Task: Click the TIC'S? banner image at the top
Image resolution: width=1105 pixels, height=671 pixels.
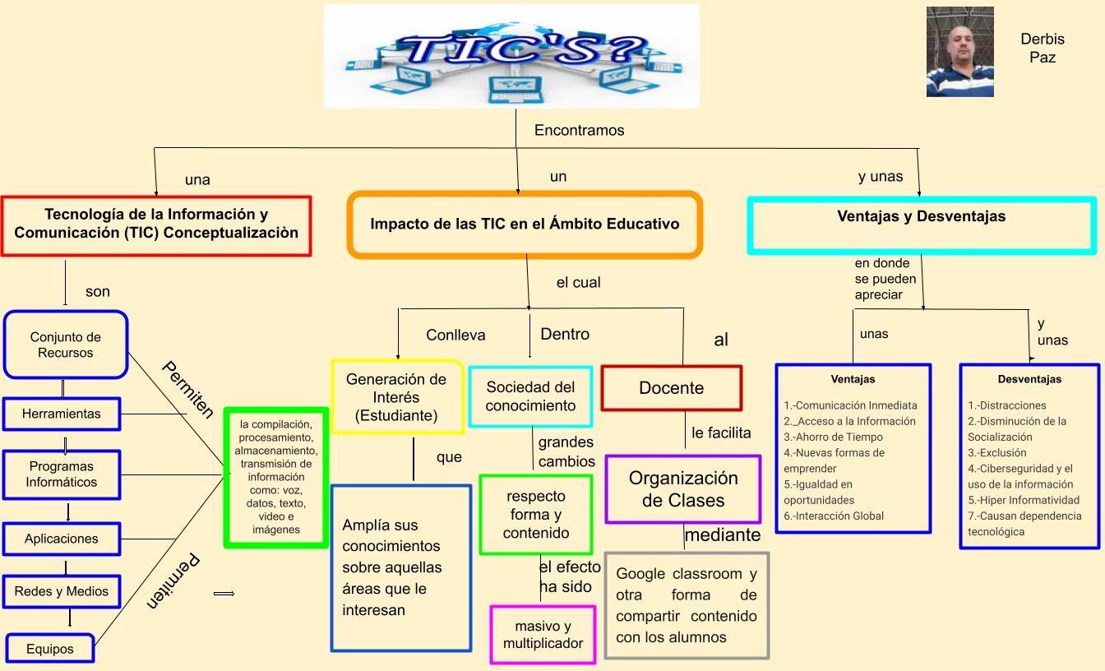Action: click(x=511, y=56)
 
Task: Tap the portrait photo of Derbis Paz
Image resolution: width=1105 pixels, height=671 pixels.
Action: click(x=959, y=52)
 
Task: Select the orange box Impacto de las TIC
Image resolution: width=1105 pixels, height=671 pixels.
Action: click(x=525, y=224)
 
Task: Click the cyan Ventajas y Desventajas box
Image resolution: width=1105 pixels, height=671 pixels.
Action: click(x=922, y=224)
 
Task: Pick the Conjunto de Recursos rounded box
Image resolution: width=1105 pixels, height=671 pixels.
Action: click(x=66, y=345)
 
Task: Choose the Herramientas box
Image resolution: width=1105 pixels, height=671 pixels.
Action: click(x=62, y=414)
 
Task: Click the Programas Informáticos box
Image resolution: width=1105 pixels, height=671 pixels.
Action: click(x=62, y=474)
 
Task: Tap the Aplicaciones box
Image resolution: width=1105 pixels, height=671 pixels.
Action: click(x=62, y=539)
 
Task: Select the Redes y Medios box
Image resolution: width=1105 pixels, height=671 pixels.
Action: click(x=62, y=591)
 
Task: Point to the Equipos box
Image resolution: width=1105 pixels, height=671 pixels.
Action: click(x=50, y=649)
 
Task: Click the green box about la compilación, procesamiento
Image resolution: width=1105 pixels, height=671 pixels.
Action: click(x=276, y=477)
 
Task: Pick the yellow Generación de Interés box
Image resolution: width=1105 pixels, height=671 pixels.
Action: click(x=397, y=397)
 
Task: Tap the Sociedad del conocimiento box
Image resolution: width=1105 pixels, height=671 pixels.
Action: click(x=530, y=396)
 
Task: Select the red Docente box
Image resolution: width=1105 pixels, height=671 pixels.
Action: click(x=672, y=388)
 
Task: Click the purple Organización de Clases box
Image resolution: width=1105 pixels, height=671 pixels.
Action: click(x=683, y=489)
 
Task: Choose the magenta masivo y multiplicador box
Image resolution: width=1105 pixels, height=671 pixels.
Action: click(x=543, y=635)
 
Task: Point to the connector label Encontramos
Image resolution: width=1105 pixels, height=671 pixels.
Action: click(x=580, y=130)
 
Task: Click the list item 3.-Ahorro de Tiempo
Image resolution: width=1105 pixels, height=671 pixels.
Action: click(x=833, y=437)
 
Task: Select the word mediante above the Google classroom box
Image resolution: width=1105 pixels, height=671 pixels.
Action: click(x=723, y=535)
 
